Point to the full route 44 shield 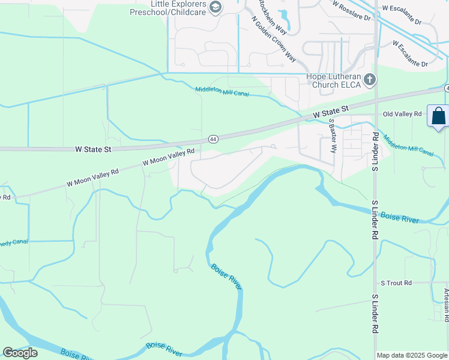click(x=213, y=139)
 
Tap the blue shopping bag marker click(x=439, y=115)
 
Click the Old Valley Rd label click(x=402, y=114)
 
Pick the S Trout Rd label click(x=396, y=283)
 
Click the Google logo click(x=20, y=353)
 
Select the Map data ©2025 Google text click(x=412, y=355)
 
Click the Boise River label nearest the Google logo click(x=164, y=347)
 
